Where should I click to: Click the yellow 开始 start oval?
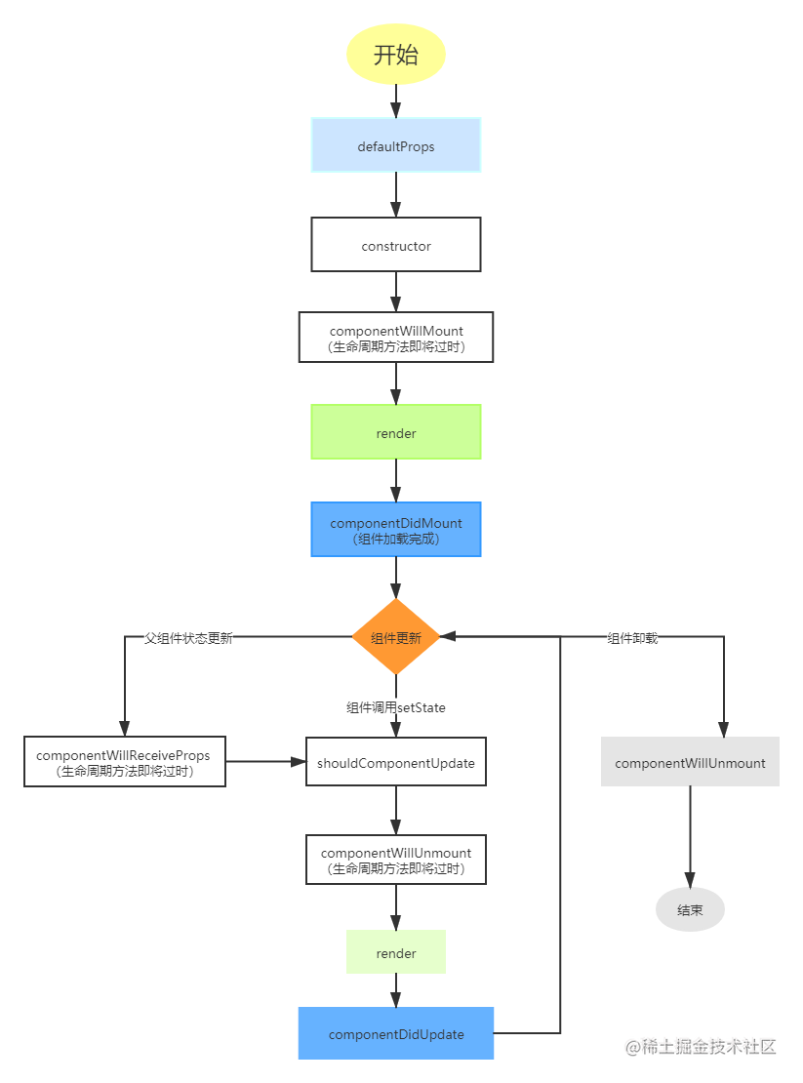[x=395, y=54]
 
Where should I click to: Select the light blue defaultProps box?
[x=395, y=145]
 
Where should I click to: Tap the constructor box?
[x=395, y=245]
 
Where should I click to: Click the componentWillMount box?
[x=395, y=338]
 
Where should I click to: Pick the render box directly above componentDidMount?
[x=395, y=432]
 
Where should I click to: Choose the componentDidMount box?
[x=395, y=530]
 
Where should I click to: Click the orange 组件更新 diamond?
[x=395, y=637]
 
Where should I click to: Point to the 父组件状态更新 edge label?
[x=187, y=637]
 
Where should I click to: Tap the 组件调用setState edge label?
[x=395, y=707]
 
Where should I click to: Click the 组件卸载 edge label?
[x=632, y=637]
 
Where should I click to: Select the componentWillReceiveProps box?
[x=124, y=762]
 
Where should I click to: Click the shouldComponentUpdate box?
[x=395, y=762]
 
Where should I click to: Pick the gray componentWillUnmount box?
[x=690, y=762]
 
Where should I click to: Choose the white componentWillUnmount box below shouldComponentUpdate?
[x=395, y=860]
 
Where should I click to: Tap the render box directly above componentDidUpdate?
[x=395, y=952]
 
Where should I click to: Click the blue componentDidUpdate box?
[x=395, y=1033]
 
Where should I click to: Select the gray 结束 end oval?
[x=690, y=909]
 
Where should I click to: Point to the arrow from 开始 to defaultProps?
[x=395, y=100]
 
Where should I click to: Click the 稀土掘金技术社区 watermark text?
[x=700, y=1045]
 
